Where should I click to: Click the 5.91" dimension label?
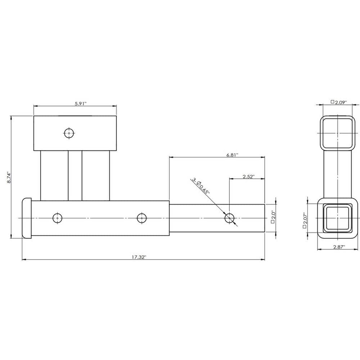coord(81,103)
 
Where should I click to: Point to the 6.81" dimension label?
coord(232,154)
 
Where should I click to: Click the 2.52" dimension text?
coord(248,176)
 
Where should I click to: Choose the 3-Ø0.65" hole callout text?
coord(201,186)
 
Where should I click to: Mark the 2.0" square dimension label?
coord(274,217)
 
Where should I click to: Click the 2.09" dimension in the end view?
coord(338,102)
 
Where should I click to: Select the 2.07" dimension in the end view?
coord(305,218)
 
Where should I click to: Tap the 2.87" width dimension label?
coord(338,247)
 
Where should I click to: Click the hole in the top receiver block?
coord(69,133)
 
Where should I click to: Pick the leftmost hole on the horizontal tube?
coord(57,218)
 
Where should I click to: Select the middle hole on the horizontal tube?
coord(141,218)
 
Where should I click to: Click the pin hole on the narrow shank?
coord(229,218)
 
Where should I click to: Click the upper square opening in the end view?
coord(337,133)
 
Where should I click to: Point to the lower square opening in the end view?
coord(337,218)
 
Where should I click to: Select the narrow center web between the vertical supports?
coord(75,175)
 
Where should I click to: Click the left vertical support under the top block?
coord(54,175)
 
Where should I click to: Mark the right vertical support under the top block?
coord(96,175)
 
